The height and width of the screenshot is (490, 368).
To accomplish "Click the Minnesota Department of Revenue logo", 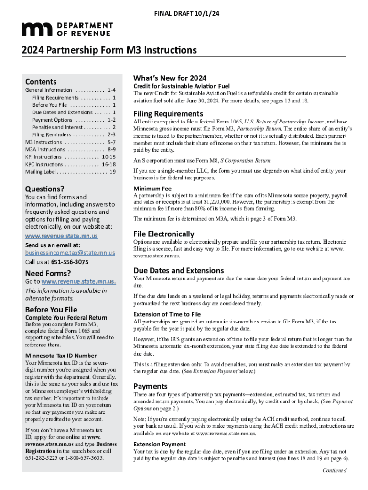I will coord(67,29).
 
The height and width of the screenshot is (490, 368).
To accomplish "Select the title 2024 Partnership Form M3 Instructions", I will coord(108,50).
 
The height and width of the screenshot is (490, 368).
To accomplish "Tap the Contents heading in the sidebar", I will coord(41,82).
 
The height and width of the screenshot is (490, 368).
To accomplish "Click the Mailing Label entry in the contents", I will coord(70,171).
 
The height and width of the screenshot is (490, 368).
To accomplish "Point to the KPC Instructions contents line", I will coord(70,164).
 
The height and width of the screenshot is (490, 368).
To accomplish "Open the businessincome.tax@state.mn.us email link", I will coord(70,253).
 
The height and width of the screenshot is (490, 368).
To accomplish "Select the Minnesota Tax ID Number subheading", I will coord(61,356).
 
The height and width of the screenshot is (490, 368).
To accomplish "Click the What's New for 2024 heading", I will coord(170,78).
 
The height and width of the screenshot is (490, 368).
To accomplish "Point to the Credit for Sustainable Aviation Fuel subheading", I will coord(182,86).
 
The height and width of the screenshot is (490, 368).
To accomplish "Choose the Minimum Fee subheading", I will coord(152,189).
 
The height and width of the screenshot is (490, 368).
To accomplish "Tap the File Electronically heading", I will coord(163,234).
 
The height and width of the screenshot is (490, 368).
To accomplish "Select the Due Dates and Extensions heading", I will coord(178,270).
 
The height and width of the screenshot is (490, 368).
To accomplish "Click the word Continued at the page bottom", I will coord(335,470).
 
